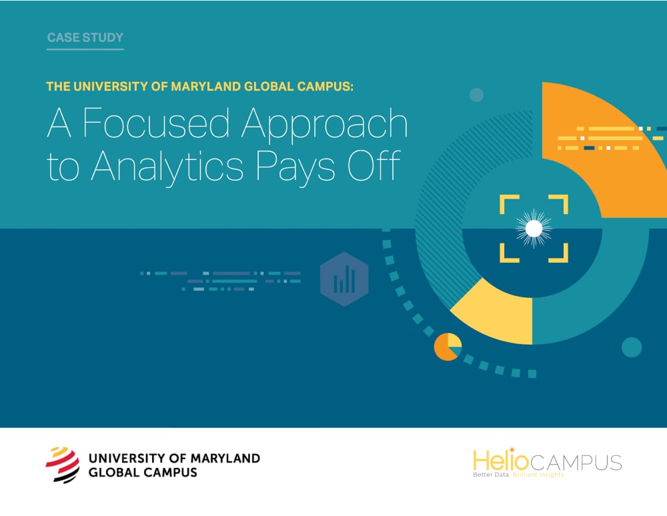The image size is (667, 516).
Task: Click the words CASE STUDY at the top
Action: click(x=85, y=37)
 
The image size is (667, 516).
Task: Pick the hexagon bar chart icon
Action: click(x=344, y=279)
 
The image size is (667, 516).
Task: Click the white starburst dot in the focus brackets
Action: click(x=534, y=229)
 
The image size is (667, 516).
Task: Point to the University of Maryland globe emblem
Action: click(x=61, y=464)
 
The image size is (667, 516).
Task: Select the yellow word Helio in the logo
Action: click(x=495, y=461)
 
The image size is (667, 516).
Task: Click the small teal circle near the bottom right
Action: click(x=631, y=347)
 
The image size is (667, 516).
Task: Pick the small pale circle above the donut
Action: click(x=476, y=95)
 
